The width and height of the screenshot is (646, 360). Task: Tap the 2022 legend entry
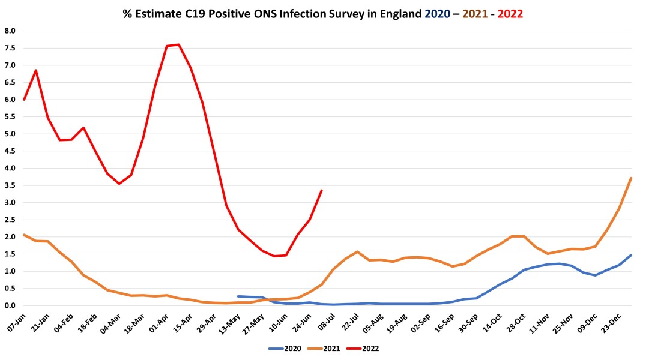pos(368,347)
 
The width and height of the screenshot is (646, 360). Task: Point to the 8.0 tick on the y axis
pos(10,31)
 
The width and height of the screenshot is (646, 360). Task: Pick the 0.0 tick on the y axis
pos(10,305)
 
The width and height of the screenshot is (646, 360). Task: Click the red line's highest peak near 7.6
pos(179,44)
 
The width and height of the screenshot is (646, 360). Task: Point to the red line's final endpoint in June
pos(322,190)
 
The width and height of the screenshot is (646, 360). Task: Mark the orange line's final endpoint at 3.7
pos(631,178)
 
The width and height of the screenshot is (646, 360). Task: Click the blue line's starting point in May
pos(238,296)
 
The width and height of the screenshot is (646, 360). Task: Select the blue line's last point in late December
pos(631,255)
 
